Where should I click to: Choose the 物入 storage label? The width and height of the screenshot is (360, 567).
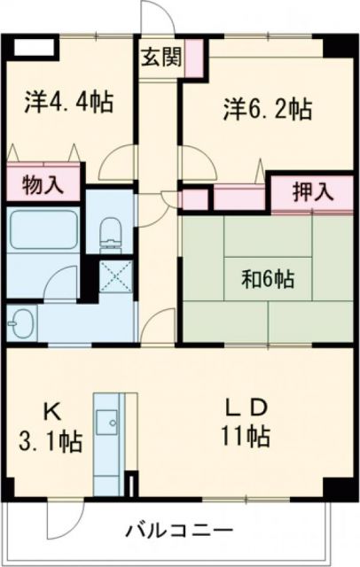point(43,185)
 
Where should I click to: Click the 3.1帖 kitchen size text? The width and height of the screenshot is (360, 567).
point(53,441)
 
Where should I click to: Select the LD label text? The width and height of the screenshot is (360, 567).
point(247,407)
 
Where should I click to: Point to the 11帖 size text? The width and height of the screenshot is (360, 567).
point(247,436)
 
